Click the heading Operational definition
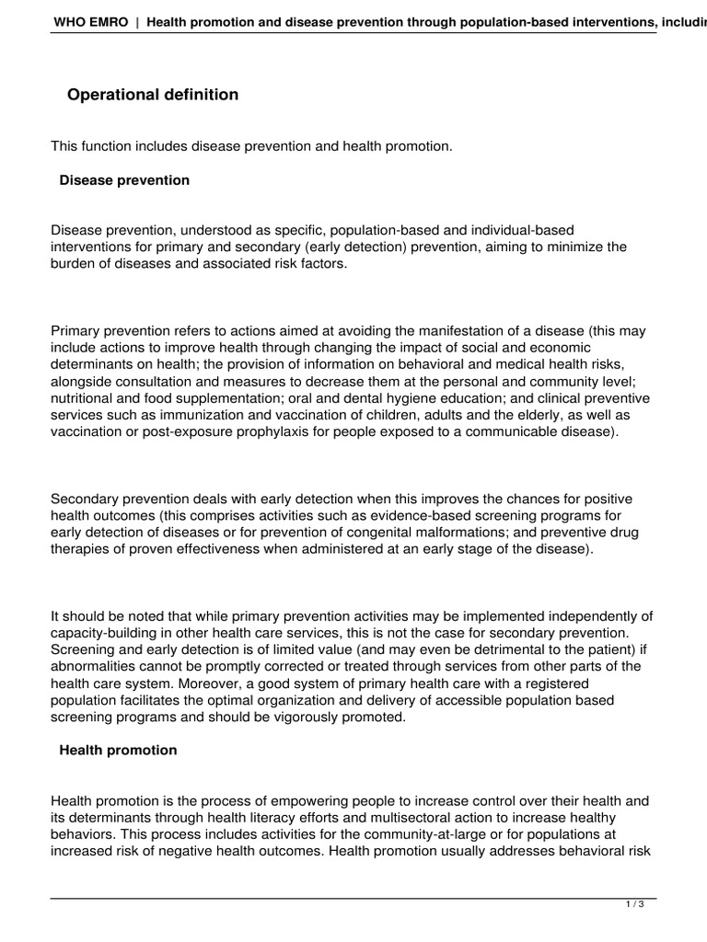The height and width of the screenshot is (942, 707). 153,95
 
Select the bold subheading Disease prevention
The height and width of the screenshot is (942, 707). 124,180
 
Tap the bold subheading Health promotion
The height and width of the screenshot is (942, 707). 118,750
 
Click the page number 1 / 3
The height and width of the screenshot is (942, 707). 634,904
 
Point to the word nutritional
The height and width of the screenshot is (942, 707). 87,398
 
